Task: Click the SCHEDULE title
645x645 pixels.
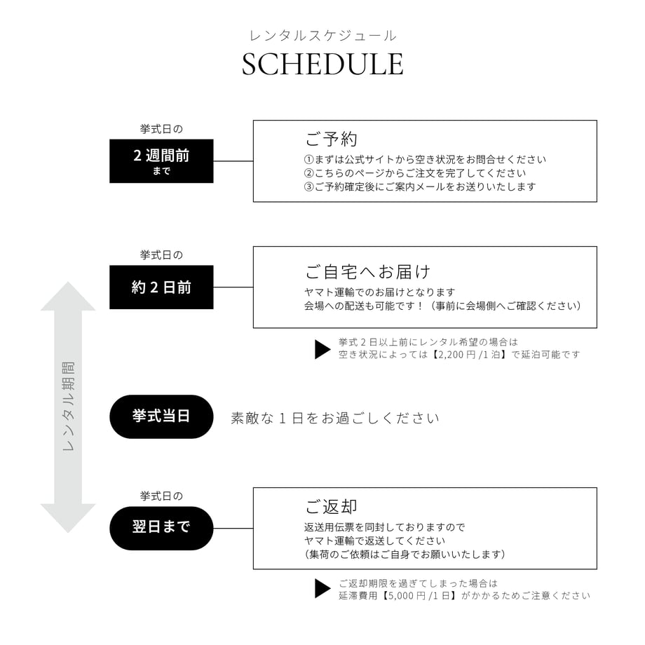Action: coord(322,64)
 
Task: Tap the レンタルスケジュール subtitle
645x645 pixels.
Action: coord(322,36)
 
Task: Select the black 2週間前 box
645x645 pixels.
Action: coord(161,161)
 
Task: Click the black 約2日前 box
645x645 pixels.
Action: coord(161,287)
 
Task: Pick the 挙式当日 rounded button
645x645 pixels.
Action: coord(161,416)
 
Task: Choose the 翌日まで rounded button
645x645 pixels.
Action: coord(161,528)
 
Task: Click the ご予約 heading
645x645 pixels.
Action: coord(331,139)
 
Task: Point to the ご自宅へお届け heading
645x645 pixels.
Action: coord(367,271)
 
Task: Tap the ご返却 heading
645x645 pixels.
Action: coord(331,506)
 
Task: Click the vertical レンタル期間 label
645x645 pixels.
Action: coord(68,407)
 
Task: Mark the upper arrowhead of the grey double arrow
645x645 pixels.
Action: coord(68,296)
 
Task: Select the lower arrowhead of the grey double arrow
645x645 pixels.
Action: coord(68,518)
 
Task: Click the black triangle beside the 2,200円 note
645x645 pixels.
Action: coord(322,349)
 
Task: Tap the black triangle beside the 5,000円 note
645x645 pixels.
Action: coord(322,588)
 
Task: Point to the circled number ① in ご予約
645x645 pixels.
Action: coord(309,160)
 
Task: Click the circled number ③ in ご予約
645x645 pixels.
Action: coord(309,186)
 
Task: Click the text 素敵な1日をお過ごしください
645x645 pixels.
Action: coord(335,419)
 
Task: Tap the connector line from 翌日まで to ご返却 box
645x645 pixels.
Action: coord(233,528)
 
